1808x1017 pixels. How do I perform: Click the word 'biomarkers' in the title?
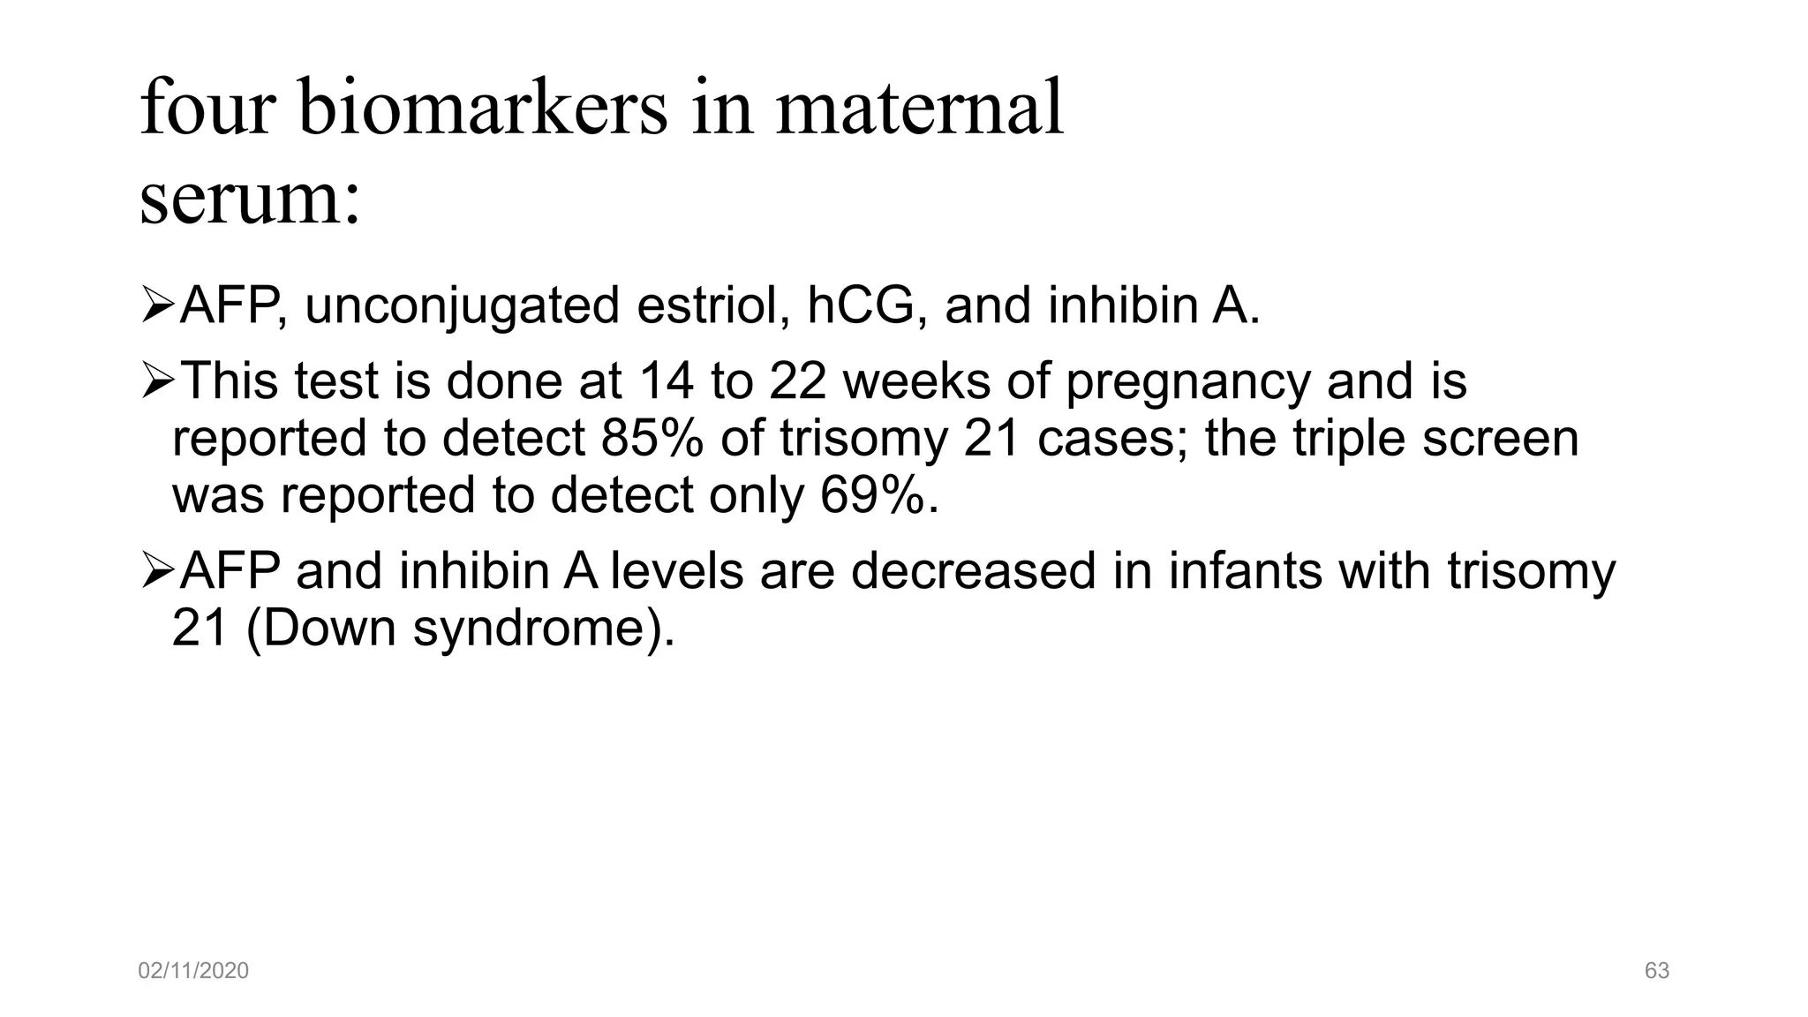[483, 108]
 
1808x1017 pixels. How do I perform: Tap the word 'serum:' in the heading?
[250, 198]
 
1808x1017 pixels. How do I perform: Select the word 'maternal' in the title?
[919, 108]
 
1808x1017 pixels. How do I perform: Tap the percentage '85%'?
[652, 438]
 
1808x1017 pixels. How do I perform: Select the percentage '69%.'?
[879, 495]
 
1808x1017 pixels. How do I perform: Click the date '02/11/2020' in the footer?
[193, 971]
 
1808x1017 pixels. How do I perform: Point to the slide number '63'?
[1657, 971]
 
